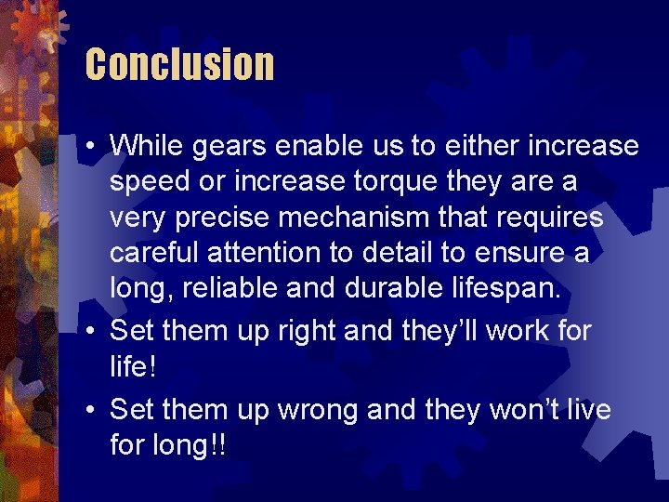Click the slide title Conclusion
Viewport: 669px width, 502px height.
click(179, 65)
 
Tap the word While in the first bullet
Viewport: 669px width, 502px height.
click(145, 146)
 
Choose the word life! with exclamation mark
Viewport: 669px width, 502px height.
click(133, 365)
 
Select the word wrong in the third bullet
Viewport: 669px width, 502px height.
click(313, 410)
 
